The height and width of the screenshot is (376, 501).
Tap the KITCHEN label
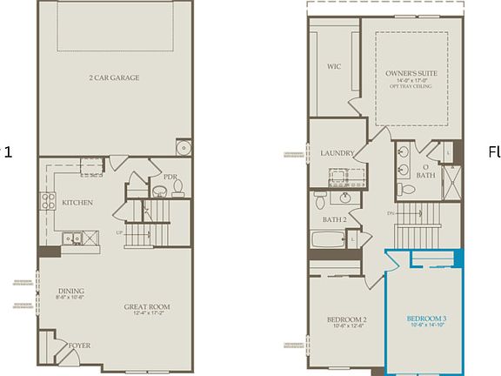click(77, 203)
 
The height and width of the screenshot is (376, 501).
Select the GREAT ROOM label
click(147, 306)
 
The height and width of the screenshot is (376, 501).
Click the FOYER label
click(79, 346)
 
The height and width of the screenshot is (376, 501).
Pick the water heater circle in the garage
click(184, 148)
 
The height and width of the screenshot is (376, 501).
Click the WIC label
click(334, 65)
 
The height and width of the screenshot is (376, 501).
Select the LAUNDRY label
click(337, 153)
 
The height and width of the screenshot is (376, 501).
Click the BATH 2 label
click(334, 219)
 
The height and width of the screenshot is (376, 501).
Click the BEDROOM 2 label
click(346, 319)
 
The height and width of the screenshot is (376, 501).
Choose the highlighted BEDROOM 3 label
click(427, 319)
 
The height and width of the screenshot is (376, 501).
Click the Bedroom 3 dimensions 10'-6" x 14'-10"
click(427, 327)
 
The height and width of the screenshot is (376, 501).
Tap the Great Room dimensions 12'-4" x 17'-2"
click(147, 314)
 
